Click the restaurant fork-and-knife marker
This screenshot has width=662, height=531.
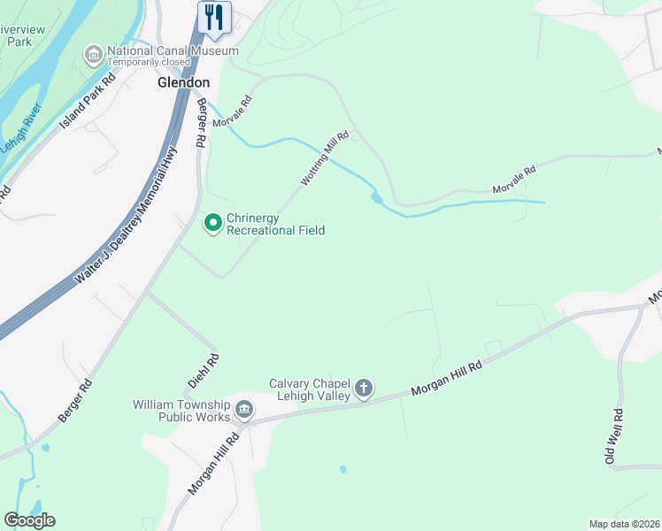click(214, 17)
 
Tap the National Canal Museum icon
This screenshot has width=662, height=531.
click(93, 57)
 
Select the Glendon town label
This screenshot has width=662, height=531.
click(183, 82)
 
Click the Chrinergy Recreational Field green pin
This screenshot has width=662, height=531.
click(212, 223)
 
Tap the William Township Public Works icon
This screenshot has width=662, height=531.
click(244, 410)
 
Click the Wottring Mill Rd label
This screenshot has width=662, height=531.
click(325, 158)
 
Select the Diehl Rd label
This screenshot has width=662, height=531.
click(204, 372)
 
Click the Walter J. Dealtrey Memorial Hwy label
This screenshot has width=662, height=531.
click(127, 216)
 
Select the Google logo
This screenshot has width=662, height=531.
click(29, 520)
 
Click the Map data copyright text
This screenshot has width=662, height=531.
click(623, 524)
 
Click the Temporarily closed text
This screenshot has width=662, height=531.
click(150, 63)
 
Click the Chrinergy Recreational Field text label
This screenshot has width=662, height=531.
click(275, 224)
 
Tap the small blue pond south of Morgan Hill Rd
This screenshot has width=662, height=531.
click(343, 469)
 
